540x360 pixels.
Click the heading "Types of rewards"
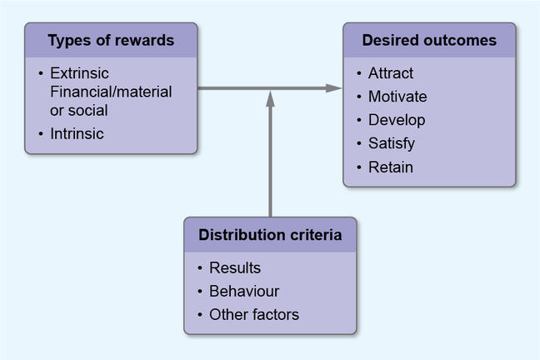coord(111,41)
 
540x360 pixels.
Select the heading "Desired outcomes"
coord(429,40)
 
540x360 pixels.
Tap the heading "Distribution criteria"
coord(270,235)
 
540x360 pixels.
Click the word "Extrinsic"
coord(79,72)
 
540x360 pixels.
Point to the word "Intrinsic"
coord(77,132)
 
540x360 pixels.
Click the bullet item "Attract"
coord(391,73)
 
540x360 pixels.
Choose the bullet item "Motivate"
coord(397,97)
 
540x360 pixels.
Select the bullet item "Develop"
coord(397,120)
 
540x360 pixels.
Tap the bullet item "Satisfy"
coord(392,143)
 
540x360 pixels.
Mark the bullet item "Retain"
coord(390,167)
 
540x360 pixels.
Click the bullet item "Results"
coord(235,268)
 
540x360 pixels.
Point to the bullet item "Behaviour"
coord(244,292)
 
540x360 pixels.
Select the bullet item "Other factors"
coord(254,315)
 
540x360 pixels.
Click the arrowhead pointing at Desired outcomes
coord(335,87)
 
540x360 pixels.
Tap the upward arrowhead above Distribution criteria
coord(270,97)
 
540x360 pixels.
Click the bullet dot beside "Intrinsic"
coord(39,133)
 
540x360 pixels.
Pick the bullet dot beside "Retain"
coord(358,167)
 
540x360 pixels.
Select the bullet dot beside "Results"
coord(200,269)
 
